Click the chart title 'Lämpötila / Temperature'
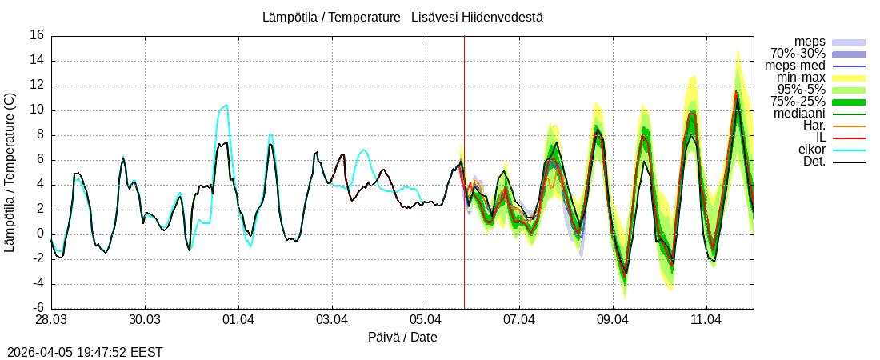coord(331,17)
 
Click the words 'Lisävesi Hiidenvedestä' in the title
coord(477,17)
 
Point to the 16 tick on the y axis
coord(37,35)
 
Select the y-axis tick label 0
coord(40,234)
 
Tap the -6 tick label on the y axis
coord(37,309)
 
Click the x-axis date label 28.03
coord(50,321)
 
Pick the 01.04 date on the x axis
coord(238,321)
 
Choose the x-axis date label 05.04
coord(426,321)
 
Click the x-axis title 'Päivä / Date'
coord(402,338)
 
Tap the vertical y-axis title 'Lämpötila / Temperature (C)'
coord(10,172)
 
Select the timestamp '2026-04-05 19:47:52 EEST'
coord(85,352)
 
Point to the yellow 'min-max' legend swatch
coord(849,78)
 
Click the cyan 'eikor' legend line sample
coord(849,150)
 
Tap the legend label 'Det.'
coord(814,162)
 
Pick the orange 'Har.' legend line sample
coord(849,126)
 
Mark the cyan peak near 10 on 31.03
coord(226,106)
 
